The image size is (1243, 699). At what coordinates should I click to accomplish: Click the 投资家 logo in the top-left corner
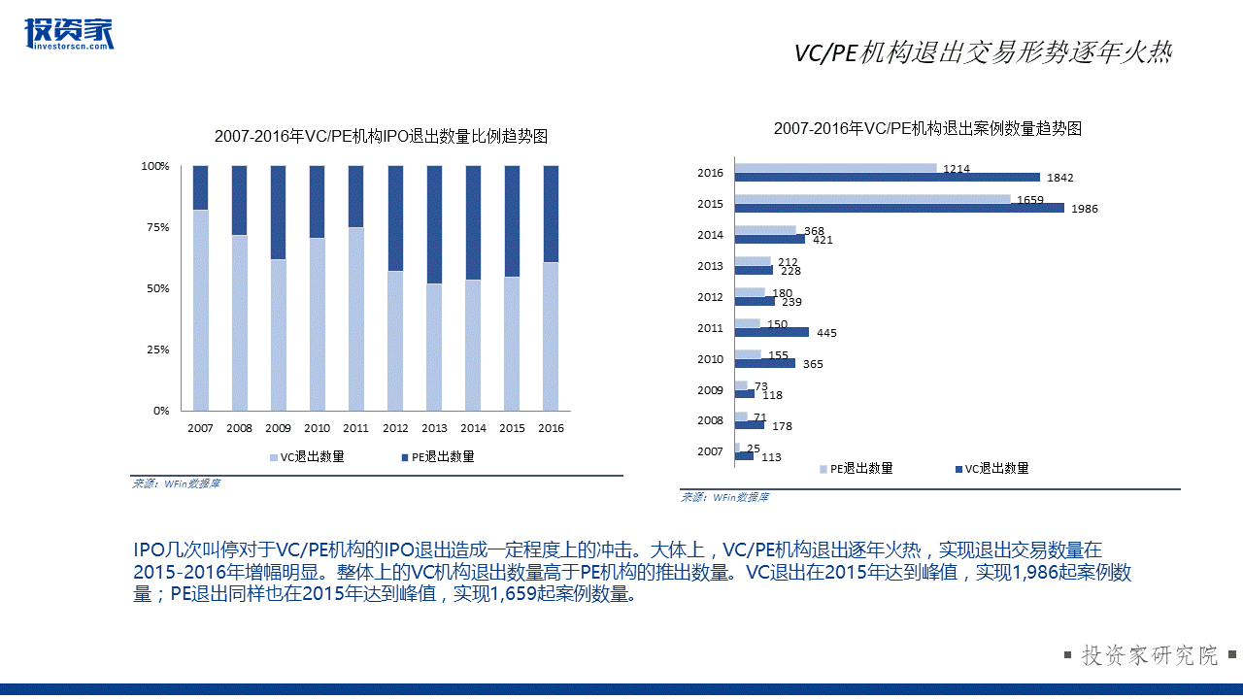click(68, 33)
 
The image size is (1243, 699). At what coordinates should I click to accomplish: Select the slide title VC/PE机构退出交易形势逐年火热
click(983, 53)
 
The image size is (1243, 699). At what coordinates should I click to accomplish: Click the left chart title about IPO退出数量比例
click(381, 136)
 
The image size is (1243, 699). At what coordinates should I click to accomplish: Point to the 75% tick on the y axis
click(157, 227)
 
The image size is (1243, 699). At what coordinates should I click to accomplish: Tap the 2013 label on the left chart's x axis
click(434, 428)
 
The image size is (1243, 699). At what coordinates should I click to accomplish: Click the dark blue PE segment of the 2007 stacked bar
click(201, 187)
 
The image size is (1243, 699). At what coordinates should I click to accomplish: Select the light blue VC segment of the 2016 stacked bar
click(551, 336)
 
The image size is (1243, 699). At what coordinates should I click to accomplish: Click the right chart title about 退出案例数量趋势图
click(927, 128)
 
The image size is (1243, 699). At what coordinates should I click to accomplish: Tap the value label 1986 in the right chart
click(1085, 209)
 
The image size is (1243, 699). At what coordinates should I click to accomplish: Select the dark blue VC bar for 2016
click(887, 178)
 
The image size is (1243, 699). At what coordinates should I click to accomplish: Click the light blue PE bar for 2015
click(872, 199)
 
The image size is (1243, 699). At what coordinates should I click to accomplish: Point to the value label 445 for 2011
click(826, 333)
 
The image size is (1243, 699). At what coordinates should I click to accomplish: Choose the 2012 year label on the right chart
click(710, 297)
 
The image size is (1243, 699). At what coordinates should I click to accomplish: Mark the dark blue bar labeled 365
click(764, 363)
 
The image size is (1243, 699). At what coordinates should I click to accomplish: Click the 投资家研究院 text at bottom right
click(1150, 655)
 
